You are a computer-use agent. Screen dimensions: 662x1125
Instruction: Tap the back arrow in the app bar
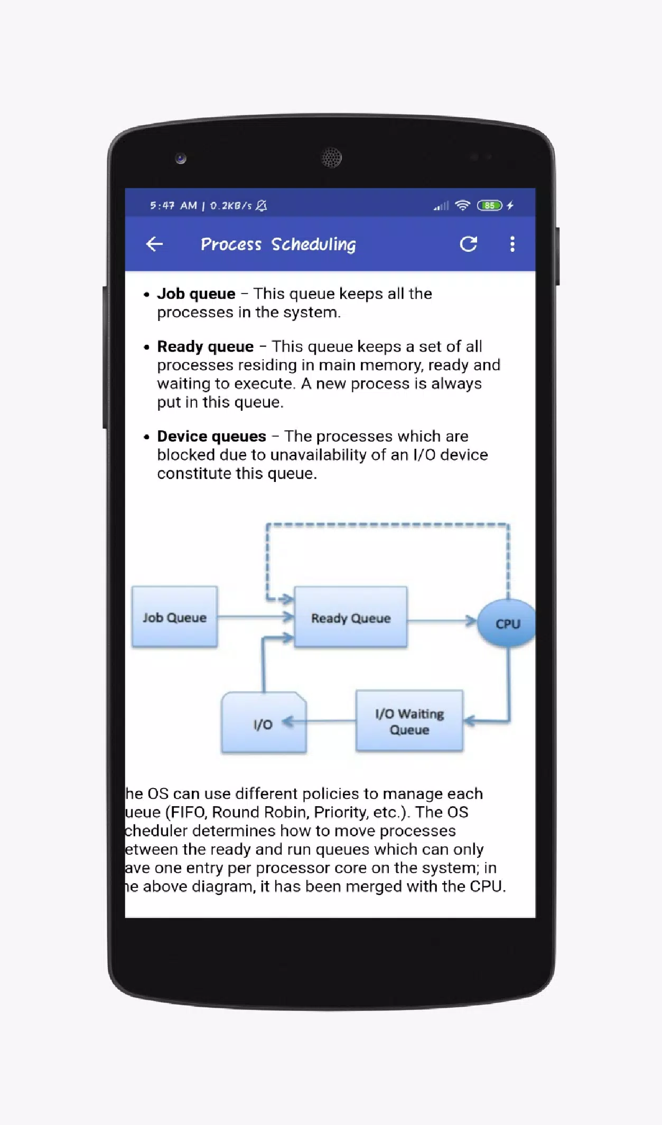(x=154, y=244)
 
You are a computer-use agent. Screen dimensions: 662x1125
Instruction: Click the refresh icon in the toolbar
(x=468, y=244)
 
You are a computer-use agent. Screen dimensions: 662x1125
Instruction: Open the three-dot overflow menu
(x=512, y=244)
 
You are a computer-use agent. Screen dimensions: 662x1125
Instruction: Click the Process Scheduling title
(x=278, y=244)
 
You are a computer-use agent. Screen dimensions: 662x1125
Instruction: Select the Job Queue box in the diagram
(x=174, y=617)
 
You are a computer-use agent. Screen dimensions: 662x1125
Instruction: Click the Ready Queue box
(x=351, y=617)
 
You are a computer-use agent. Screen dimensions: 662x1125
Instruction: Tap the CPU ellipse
(x=507, y=623)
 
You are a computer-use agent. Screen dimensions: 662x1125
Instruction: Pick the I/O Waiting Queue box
(x=409, y=721)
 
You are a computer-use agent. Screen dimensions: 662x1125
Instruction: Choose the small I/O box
(x=264, y=723)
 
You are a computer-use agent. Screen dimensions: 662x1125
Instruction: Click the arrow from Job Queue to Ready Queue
(x=256, y=617)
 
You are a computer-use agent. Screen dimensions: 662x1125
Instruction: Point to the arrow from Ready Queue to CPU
(x=442, y=621)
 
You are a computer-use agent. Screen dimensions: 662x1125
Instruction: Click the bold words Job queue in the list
(x=196, y=294)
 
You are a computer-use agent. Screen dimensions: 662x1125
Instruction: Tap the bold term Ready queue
(x=205, y=346)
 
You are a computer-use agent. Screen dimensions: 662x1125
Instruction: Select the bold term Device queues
(x=211, y=436)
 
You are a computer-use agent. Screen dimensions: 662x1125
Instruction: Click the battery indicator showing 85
(x=489, y=205)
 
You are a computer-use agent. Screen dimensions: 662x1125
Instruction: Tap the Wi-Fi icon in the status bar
(x=462, y=205)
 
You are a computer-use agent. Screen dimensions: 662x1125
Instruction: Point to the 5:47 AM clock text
(x=173, y=205)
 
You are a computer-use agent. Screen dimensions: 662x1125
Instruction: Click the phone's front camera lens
(x=181, y=158)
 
